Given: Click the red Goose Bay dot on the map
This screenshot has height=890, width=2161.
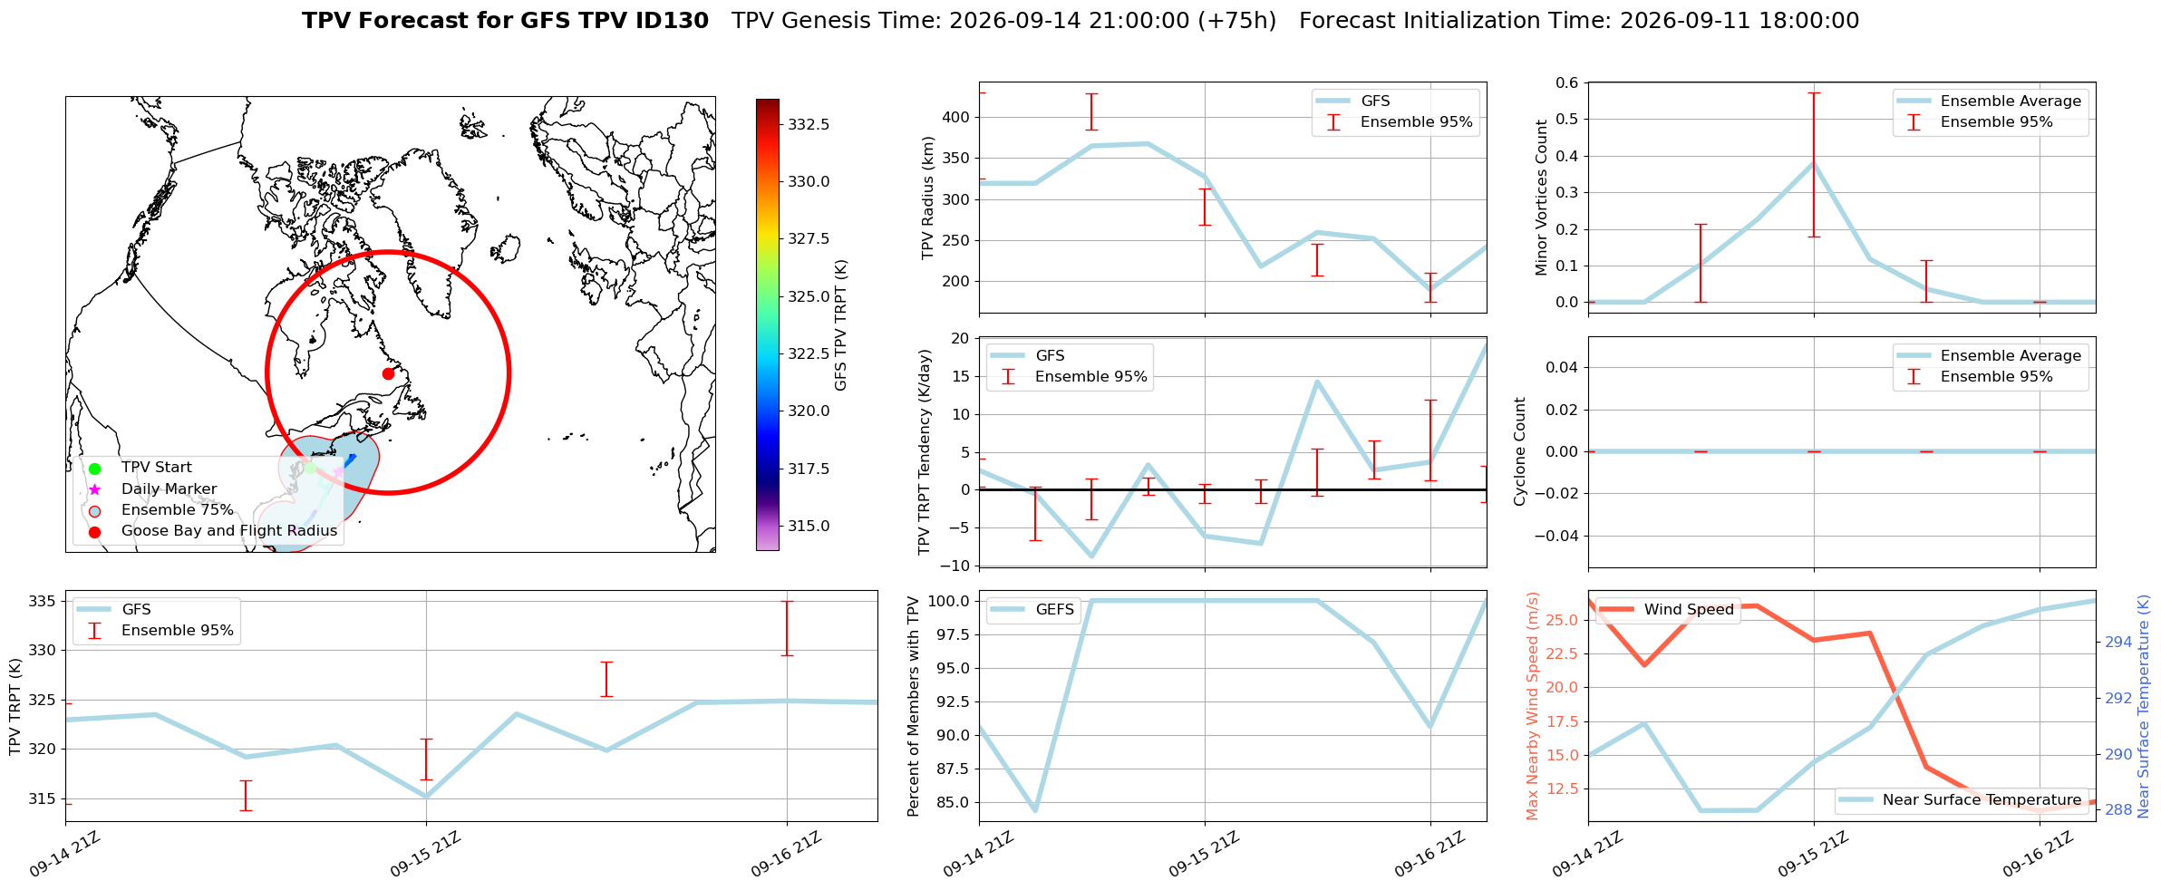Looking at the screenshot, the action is (x=388, y=373).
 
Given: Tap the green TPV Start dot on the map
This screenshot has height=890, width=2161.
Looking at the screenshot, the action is (x=309, y=468).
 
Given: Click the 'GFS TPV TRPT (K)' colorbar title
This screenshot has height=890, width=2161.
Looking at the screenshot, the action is (x=841, y=324).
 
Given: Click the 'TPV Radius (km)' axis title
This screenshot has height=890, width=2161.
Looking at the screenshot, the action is (x=927, y=198).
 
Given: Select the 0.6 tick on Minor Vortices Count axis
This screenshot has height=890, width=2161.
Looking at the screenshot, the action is (x=1566, y=82).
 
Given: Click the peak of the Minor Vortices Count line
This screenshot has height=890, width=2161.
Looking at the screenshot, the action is (x=1814, y=162).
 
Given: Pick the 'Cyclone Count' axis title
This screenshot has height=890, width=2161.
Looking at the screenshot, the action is (x=1520, y=451).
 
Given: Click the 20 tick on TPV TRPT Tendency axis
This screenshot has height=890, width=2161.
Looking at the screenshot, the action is (x=961, y=338).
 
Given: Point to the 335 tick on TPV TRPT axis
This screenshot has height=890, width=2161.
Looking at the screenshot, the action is (x=44, y=601).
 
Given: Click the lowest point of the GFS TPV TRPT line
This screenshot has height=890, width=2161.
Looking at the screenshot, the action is (x=426, y=797).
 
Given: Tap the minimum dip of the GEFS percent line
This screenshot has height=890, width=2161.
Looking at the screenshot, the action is (x=1035, y=810).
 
